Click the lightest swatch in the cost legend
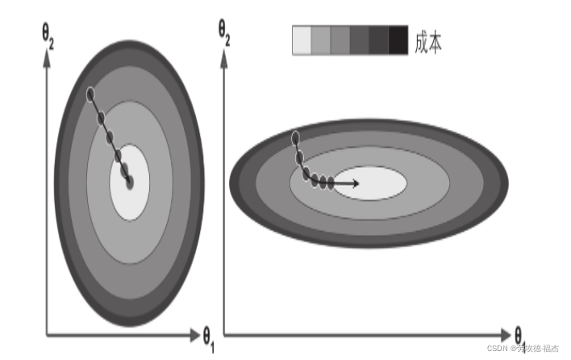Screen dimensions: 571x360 tap(302, 40)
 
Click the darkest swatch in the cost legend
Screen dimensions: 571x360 tap(398, 40)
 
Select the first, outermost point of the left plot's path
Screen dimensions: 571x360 tap(91, 94)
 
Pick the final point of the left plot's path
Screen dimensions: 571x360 tap(129, 182)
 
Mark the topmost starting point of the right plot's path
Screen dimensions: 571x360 tap(295, 136)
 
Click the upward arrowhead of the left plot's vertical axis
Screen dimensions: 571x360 tap(47, 57)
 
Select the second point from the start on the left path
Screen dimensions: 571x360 tap(101, 119)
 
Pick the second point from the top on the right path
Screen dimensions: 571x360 tap(299, 157)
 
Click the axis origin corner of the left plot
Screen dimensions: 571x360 tap(47, 333)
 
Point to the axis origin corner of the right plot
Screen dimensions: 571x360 tap(224, 333)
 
